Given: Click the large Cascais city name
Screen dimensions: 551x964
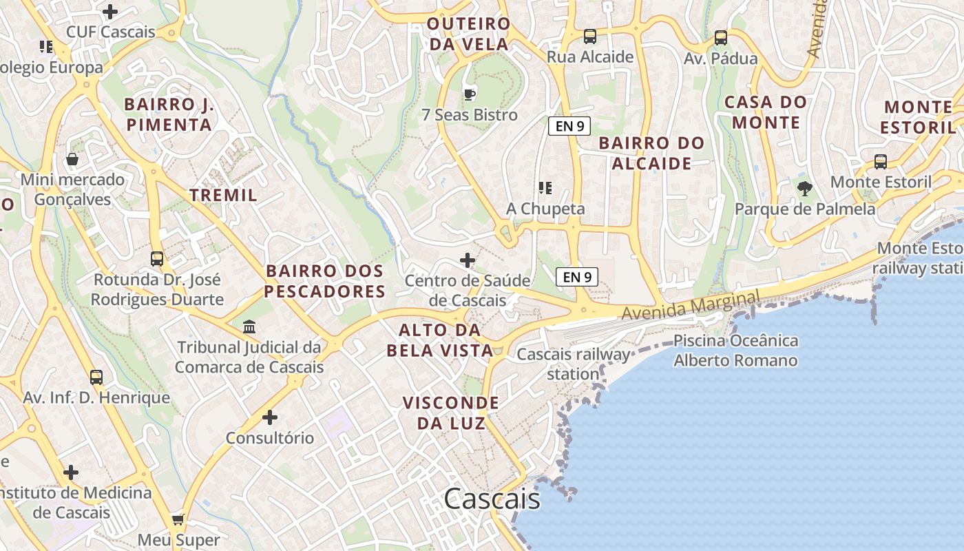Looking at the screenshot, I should tap(492, 499).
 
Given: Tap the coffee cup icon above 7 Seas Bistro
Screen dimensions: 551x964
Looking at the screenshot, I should tap(470, 94).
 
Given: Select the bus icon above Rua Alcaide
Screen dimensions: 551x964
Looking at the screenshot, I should tap(590, 37).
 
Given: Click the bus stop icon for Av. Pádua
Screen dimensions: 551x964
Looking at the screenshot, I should tap(721, 38).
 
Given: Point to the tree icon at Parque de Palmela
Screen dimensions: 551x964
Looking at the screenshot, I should tap(804, 188).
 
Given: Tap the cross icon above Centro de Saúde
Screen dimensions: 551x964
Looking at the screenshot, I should tap(468, 260).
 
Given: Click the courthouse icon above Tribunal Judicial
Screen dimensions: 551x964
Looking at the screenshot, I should tap(249, 326).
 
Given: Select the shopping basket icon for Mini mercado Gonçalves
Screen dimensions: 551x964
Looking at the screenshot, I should tap(72, 160).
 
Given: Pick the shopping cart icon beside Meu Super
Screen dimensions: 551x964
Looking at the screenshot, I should tap(178, 519).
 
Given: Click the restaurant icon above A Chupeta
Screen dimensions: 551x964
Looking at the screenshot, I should tap(545, 187).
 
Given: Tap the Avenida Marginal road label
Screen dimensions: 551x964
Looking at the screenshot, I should tap(691, 304).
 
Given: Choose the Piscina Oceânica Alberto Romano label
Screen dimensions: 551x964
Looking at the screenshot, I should tap(735, 351).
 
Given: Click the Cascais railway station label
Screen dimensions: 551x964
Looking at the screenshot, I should tap(573, 364).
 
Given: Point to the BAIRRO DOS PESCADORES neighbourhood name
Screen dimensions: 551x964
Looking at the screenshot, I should tap(324, 281).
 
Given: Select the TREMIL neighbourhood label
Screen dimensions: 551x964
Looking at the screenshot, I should tap(223, 195).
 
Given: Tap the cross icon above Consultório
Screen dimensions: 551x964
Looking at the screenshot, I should tap(270, 417).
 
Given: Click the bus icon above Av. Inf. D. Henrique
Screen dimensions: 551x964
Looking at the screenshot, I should tap(96, 377).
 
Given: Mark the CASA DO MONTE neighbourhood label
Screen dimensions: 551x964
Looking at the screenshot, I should tap(766, 112).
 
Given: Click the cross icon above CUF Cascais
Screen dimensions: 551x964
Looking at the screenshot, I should tap(110, 12).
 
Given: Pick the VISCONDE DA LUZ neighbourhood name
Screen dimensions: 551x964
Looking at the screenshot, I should tap(450, 413).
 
